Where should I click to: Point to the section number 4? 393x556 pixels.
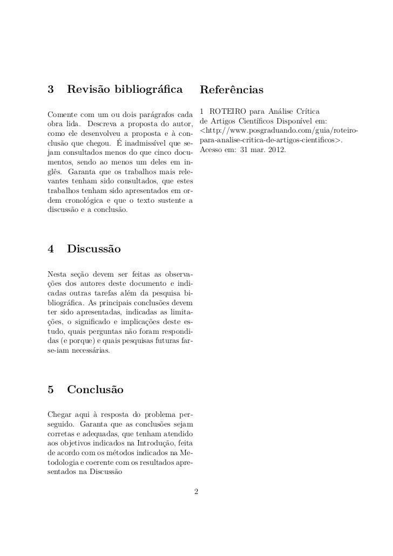click(51, 250)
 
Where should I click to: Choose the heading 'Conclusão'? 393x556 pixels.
click(95, 389)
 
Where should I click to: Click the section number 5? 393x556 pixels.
click(51, 389)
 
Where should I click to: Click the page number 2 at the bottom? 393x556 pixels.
click(196, 491)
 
